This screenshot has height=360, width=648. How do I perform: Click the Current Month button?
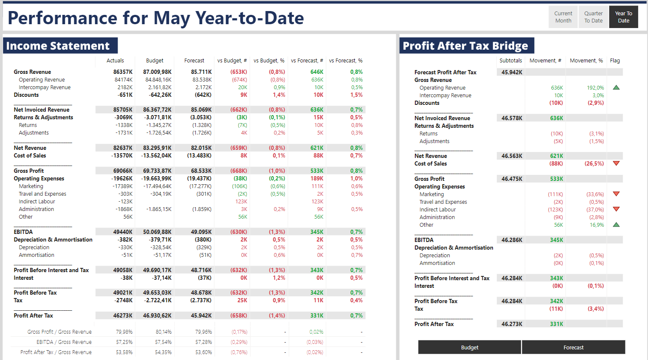(x=563, y=17)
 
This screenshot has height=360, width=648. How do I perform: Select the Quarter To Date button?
(x=593, y=17)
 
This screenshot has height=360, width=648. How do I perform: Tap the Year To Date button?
(x=623, y=17)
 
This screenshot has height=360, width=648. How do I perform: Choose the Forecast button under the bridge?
(x=573, y=347)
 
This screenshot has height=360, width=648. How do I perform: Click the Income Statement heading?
(x=58, y=46)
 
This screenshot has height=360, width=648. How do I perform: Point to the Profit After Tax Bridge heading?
(x=465, y=46)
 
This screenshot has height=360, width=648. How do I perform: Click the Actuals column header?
(x=115, y=61)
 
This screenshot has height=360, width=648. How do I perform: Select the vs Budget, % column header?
(x=269, y=61)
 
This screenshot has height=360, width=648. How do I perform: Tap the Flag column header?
(x=614, y=61)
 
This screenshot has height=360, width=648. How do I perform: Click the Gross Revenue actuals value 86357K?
(x=123, y=72)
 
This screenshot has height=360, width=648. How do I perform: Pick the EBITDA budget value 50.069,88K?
(x=157, y=232)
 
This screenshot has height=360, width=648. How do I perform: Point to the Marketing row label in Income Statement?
(x=31, y=186)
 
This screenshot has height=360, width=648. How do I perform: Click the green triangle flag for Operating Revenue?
(x=616, y=87)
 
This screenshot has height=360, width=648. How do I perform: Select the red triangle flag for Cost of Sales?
(x=616, y=163)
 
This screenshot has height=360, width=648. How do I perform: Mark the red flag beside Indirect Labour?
(x=616, y=209)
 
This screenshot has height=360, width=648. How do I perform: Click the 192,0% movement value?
(x=595, y=88)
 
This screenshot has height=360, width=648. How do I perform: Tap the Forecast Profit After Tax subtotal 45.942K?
(x=512, y=73)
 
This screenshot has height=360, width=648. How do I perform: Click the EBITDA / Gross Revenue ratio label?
(x=64, y=342)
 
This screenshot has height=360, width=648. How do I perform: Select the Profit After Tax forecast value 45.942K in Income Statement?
(x=201, y=316)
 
